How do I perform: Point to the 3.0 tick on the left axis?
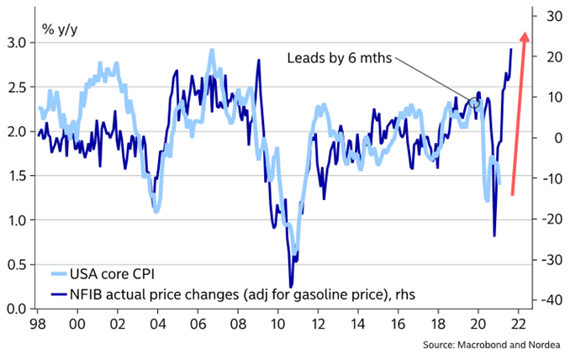click(x=16, y=42)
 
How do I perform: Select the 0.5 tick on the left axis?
click(x=16, y=264)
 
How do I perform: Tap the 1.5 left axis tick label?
click(x=16, y=175)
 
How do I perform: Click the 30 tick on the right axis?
click(x=552, y=16)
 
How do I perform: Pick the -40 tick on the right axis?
click(x=551, y=299)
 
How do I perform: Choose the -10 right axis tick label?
click(x=551, y=178)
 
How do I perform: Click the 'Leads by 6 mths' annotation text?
click(x=340, y=58)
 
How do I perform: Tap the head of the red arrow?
click(x=524, y=36)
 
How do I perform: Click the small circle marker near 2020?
click(x=475, y=103)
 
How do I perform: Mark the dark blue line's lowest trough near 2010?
click(x=290, y=287)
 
